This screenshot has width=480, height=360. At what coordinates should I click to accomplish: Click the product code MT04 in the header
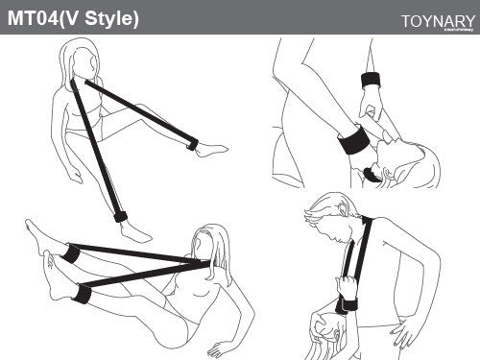[34, 18]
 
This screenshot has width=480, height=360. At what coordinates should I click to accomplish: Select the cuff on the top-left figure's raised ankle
[192, 144]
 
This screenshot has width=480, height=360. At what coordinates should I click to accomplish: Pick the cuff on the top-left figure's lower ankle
[120, 216]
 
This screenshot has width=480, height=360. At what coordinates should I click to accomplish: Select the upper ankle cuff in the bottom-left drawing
[71, 252]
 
